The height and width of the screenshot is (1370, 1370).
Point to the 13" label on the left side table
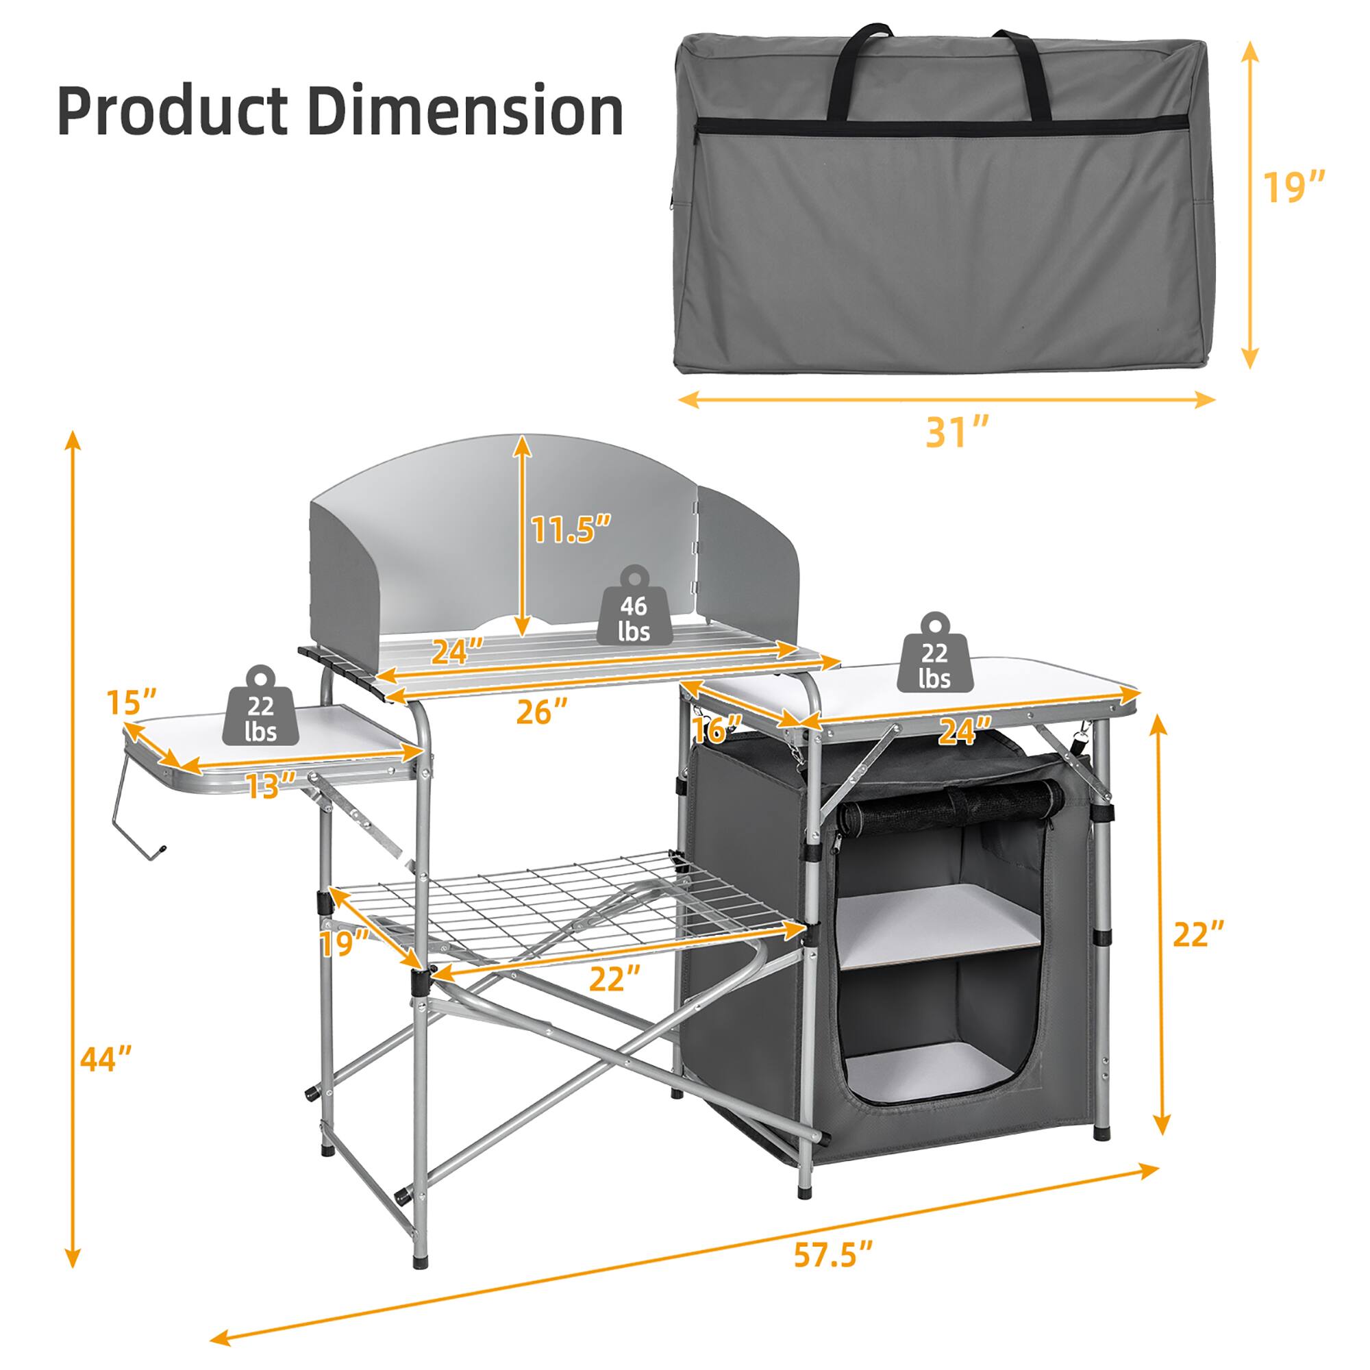(x=270, y=786)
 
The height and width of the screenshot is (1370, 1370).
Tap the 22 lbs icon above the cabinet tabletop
(x=934, y=658)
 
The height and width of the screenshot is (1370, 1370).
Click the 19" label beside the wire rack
(x=344, y=943)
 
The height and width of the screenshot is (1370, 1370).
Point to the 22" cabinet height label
(x=1198, y=934)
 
